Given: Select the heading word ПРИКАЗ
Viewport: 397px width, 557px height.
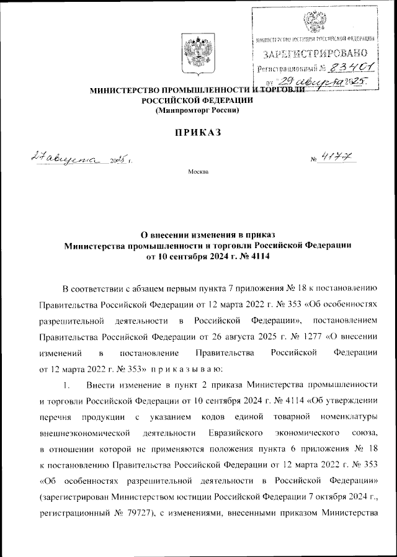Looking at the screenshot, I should pyautogui.click(x=197, y=133).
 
